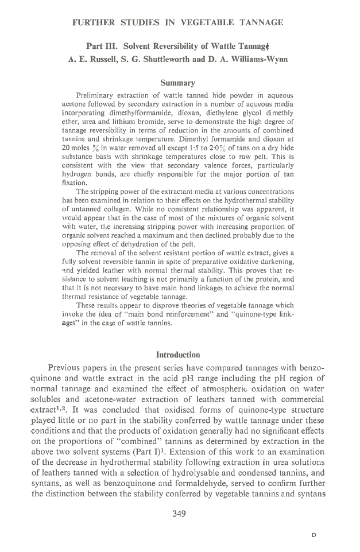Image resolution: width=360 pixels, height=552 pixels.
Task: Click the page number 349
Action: tap(180, 514)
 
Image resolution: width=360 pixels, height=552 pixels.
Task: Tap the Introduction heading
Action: tap(180, 354)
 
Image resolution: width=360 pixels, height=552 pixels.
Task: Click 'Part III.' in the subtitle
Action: tap(102, 45)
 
